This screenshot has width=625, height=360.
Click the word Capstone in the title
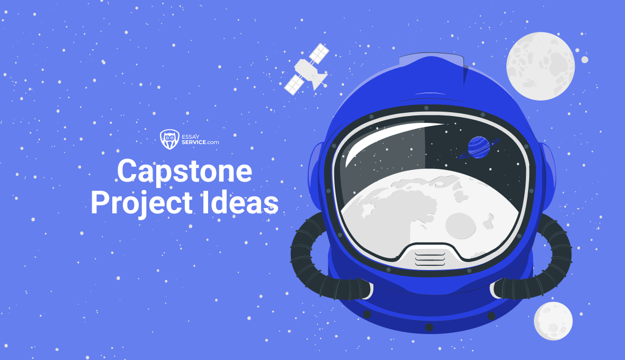point(184,172)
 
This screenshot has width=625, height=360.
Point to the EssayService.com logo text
point(199,139)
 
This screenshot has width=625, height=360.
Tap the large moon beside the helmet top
point(540,66)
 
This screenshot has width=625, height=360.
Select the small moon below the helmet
point(553,321)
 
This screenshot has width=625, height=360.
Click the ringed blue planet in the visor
point(479,148)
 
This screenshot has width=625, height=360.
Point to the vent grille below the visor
point(430,257)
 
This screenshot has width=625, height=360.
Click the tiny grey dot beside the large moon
point(585,60)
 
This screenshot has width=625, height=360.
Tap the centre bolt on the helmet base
point(430,327)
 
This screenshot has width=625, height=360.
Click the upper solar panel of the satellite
point(319,53)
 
